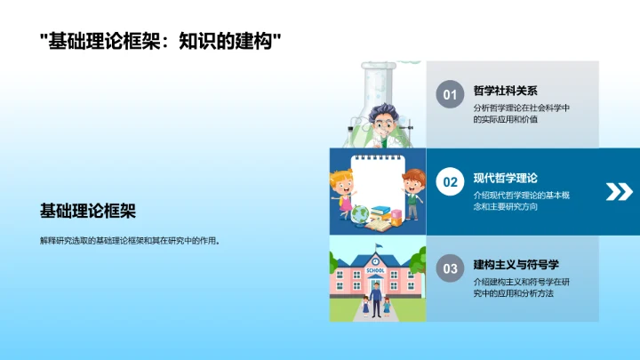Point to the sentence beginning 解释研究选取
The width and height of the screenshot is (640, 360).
pos(130,240)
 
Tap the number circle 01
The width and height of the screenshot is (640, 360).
pos(450,95)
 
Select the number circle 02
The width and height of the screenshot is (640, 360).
pos(450,182)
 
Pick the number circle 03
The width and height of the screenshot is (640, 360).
pos(450,268)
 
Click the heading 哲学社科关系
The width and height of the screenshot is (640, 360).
pos(506,91)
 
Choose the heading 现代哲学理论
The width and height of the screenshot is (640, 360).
pos(506,177)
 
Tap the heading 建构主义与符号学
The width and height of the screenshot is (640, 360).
pos(516,264)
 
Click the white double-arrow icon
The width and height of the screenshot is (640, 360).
pos(618,191)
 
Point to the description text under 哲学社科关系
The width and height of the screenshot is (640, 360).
pos(522,113)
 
